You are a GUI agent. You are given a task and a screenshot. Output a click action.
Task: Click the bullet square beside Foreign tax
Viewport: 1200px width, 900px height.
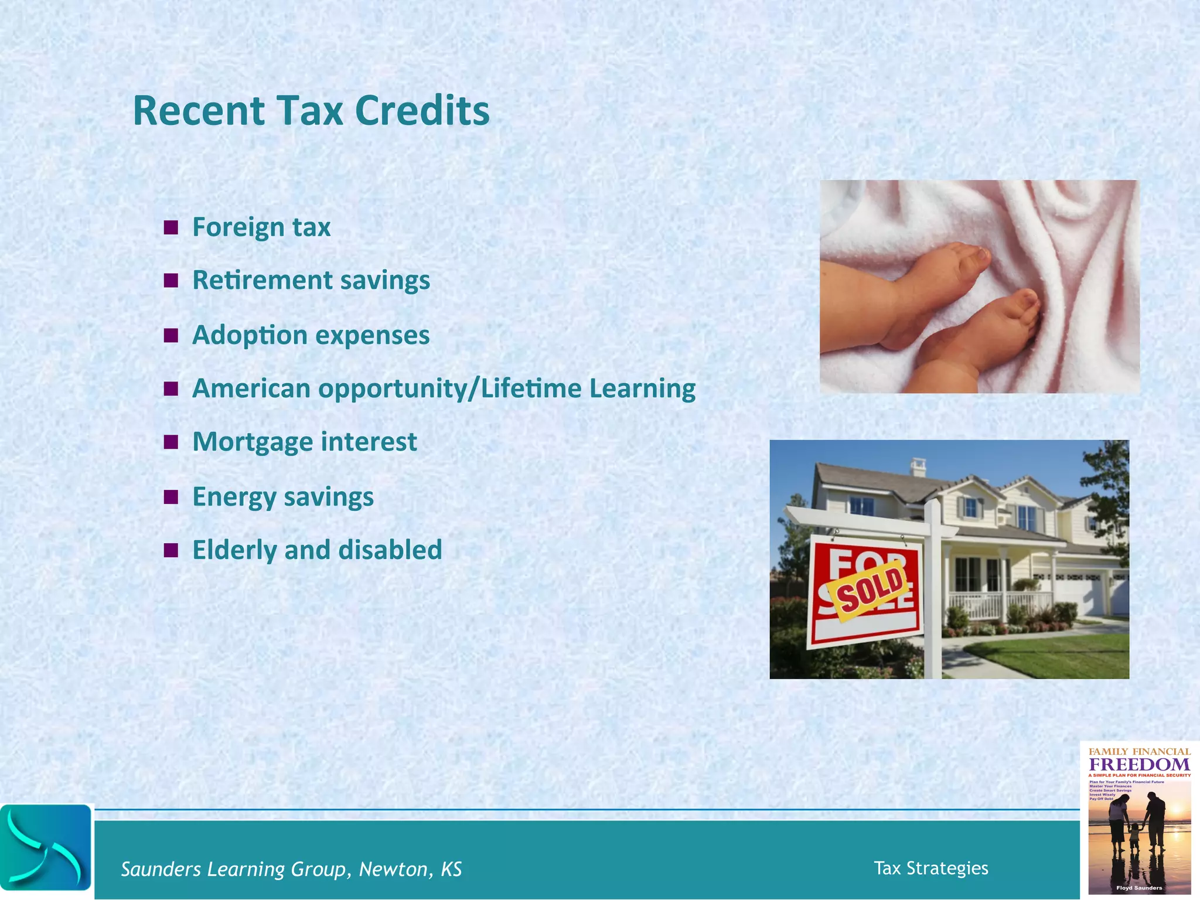click(171, 227)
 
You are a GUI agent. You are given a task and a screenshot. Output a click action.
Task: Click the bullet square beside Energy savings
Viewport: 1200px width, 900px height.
click(171, 497)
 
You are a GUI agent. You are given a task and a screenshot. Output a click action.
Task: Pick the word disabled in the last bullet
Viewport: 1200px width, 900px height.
click(390, 550)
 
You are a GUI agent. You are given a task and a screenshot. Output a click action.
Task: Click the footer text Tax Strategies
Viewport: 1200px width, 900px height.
click(930, 868)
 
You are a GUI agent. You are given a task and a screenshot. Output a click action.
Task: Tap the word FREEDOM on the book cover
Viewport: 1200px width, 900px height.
click(1139, 765)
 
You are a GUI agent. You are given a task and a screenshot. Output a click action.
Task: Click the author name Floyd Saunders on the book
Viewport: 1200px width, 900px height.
click(1138, 888)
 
